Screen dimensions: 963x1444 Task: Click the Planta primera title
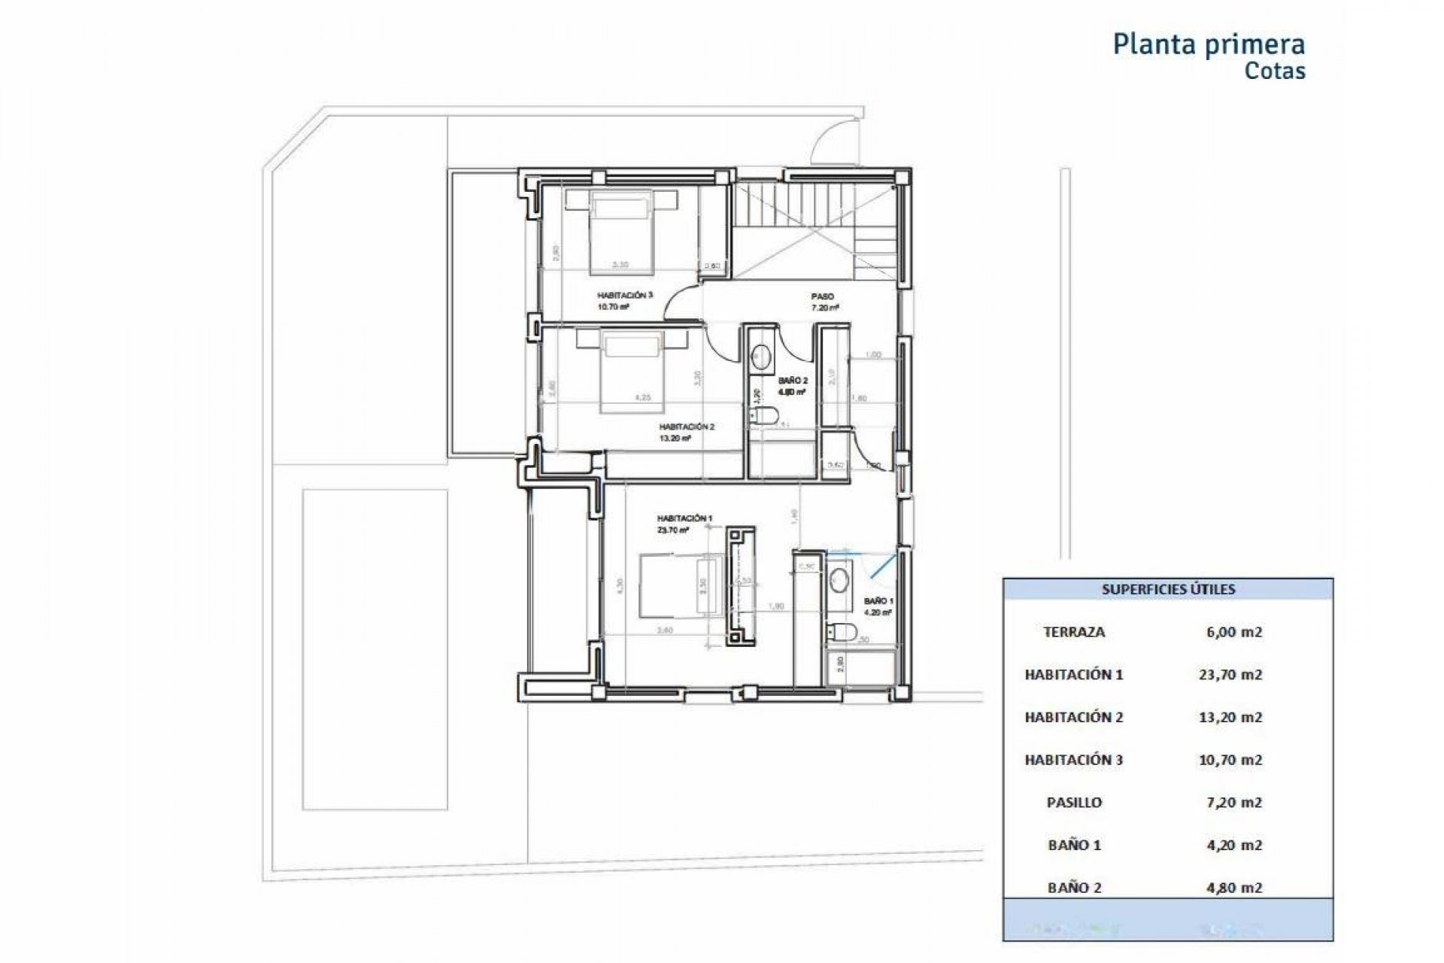(1209, 44)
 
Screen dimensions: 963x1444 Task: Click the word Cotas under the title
(1275, 71)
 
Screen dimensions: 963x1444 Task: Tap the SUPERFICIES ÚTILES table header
(1168, 590)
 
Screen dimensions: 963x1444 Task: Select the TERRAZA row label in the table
(1074, 632)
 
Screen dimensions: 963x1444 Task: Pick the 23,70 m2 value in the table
(1230, 675)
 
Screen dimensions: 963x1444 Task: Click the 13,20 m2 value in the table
(1230, 717)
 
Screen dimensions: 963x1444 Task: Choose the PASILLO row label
(1074, 803)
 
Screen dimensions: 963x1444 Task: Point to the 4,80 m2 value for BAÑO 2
(1233, 888)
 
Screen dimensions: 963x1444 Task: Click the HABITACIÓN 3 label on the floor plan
(624, 296)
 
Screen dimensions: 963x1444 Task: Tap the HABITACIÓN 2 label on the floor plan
(687, 427)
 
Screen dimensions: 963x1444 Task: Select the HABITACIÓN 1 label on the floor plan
(684, 518)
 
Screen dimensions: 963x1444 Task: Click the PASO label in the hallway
(822, 296)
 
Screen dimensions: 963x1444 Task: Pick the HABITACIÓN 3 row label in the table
(1074, 760)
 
